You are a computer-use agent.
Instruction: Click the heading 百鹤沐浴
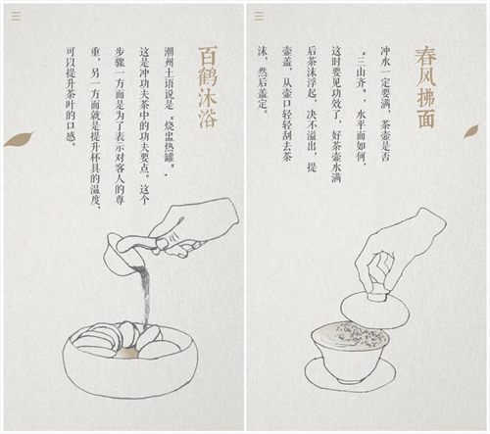click(x=208, y=87)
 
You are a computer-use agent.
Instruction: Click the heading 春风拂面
click(x=425, y=87)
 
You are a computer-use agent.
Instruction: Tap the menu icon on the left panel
click(x=16, y=16)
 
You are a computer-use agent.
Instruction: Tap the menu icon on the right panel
click(x=259, y=16)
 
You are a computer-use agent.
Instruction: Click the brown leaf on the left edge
click(x=19, y=139)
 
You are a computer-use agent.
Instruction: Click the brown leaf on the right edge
click(x=471, y=130)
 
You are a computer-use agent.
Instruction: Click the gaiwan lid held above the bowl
click(x=374, y=309)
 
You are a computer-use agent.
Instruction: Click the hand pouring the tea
click(x=193, y=228)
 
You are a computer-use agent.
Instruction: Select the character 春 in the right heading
click(x=425, y=56)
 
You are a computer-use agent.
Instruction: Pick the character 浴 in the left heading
click(x=208, y=119)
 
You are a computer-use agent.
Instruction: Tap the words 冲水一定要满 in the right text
click(x=385, y=77)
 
